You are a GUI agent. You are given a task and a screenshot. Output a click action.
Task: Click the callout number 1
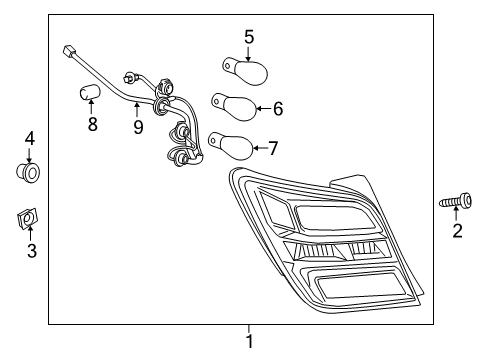pos(249,341)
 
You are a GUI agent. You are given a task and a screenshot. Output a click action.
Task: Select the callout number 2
pos(457,232)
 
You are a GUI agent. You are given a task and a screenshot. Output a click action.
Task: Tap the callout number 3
pos(31,251)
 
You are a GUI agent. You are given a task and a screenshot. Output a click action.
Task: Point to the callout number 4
pos(30,138)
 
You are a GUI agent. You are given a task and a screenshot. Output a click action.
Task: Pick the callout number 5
pos(249,37)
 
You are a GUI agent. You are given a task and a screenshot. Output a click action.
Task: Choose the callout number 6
pos(278,108)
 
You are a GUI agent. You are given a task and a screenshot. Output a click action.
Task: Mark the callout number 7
pos(272,148)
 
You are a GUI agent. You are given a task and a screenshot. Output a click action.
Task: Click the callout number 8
pos(92,125)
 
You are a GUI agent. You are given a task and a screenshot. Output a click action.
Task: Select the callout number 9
pos(137,127)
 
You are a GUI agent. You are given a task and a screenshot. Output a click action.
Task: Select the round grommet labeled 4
pos(30,174)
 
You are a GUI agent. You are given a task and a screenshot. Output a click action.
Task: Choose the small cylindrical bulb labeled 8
pos(90,95)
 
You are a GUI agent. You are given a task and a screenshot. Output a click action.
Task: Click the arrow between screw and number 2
pos(457,216)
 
